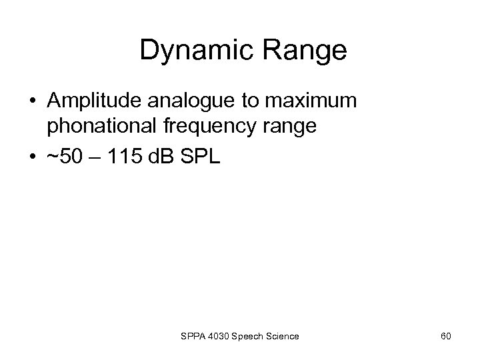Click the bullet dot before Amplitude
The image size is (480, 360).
point(33,102)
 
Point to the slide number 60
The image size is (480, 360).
point(445,336)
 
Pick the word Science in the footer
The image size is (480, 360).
point(283,336)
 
